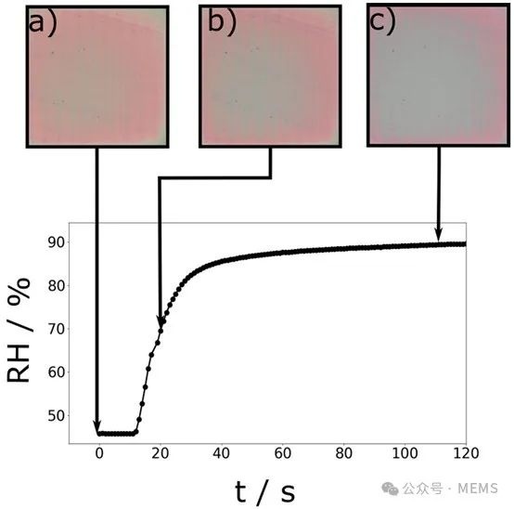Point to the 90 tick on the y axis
point(57,242)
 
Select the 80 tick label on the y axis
point(57,286)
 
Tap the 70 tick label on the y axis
point(57,329)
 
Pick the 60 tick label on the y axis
point(57,372)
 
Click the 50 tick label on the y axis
point(57,416)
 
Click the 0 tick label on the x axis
point(99,453)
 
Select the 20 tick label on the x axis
point(161,453)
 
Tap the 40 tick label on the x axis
point(221,453)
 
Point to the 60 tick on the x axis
point(283,453)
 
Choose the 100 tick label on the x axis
point(405,453)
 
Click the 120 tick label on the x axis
point(466,453)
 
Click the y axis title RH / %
point(19,331)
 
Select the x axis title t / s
point(264,491)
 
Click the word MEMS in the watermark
point(478,489)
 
